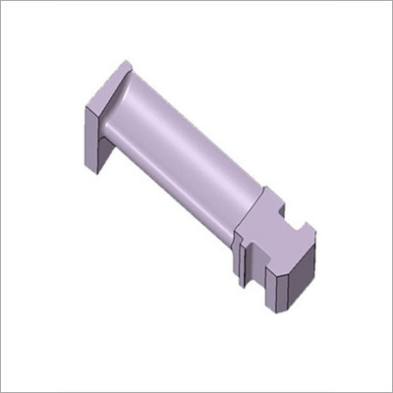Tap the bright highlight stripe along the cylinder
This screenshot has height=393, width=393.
coord(177,138)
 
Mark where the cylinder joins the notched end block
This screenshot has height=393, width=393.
coord(246,211)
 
